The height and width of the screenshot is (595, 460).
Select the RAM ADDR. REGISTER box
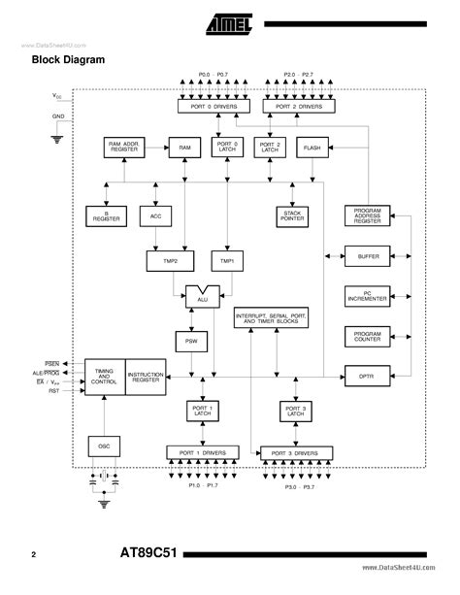pyautogui.click(x=125, y=148)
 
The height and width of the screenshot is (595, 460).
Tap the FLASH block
pyautogui.click(x=312, y=148)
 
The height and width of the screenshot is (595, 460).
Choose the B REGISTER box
pyautogui.click(x=102, y=215)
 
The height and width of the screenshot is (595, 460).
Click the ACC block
pyautogui.click(x=155, y=215)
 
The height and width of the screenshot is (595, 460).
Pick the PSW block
pyautogui.click(x=190, y=342)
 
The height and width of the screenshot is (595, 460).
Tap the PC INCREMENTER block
pyautogui.click(x=368, y=296)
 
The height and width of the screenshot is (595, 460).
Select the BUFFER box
pyautogui.click(x=368, y=257)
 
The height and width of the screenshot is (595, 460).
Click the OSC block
pyautogui.click(x=103, y=446)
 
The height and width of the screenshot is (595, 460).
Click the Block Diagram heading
pyautogui.click(x=69, y=60)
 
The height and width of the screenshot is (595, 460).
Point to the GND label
pyautogui.click(x=59, y=116)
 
